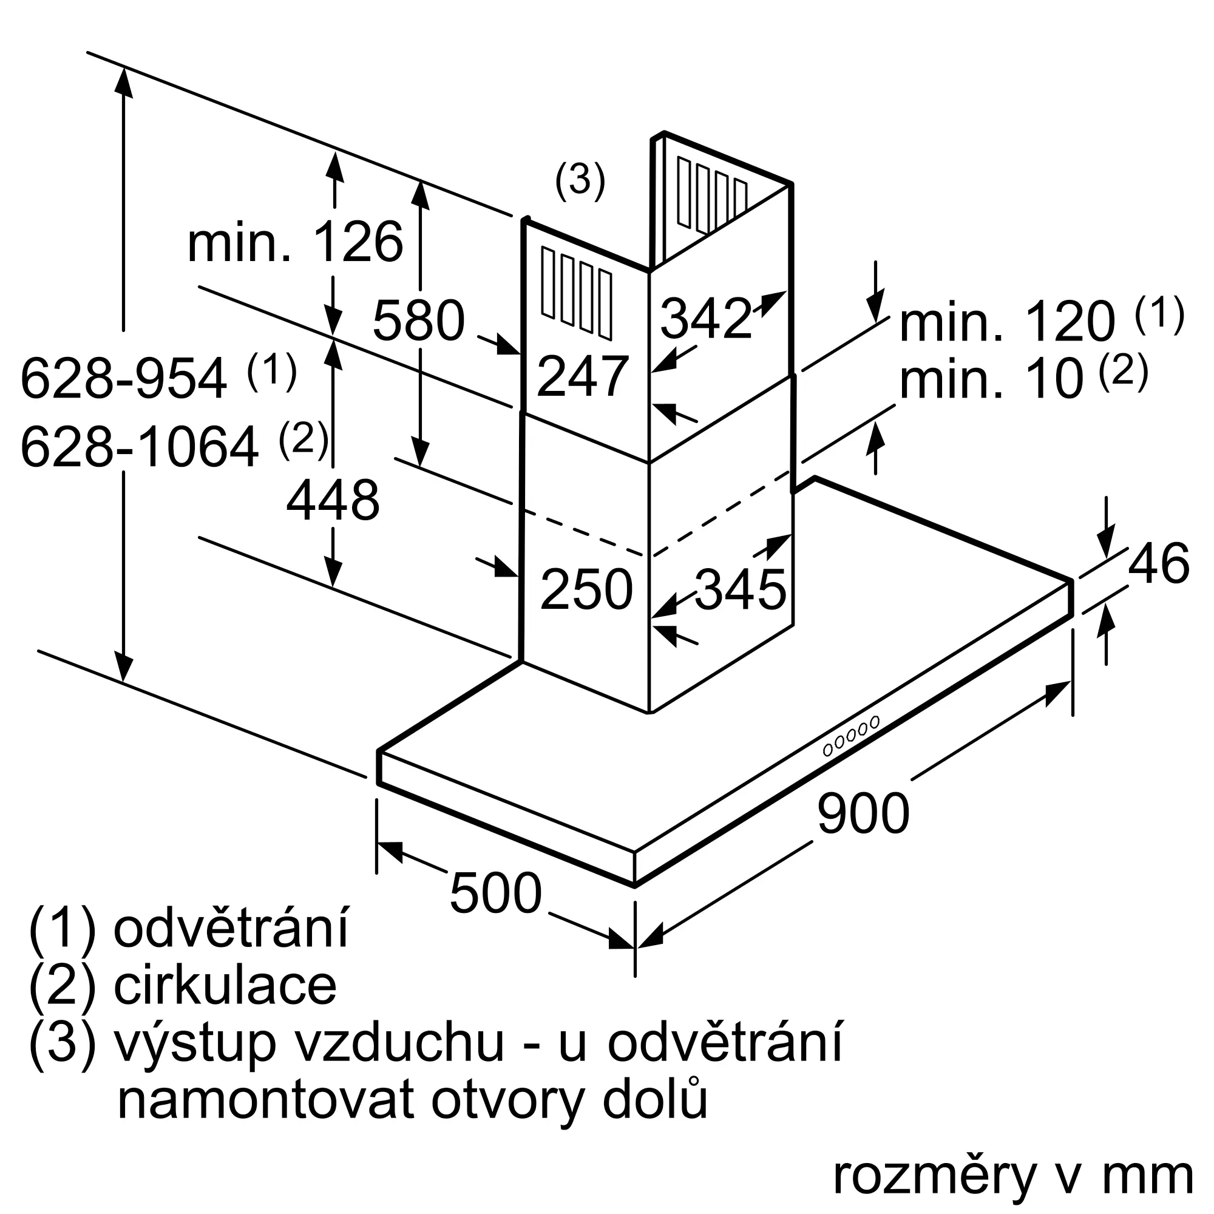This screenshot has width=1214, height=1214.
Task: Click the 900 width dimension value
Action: [x=863, y=814]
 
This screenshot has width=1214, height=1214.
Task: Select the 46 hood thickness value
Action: [x=1158, y=563]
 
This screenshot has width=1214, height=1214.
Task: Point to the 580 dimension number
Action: [x=418, y=321]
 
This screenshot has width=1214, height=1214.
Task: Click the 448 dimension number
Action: [x=333, y=501]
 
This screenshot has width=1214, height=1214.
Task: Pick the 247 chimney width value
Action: [x=583, y=376]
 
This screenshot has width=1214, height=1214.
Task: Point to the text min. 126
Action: [x=296, y=243]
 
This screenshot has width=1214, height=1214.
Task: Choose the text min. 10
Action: [x=992, y=381]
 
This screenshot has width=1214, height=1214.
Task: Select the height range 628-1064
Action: [x=140, y=447]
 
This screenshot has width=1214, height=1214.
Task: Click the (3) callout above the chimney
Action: [x=579, y=181]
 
